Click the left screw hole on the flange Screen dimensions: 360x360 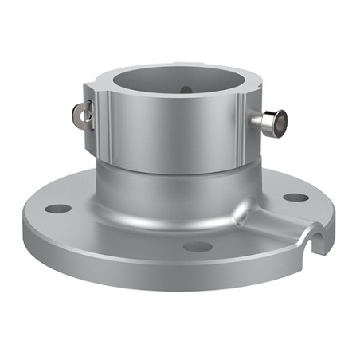click(x=57, y=209)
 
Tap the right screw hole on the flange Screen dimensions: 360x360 click(x=295, y=197)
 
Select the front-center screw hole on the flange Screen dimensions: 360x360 click(x=198, y=246)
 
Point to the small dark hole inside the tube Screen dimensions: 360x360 click(x=186, y=90)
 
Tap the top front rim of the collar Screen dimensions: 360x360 click(x=171, y=107)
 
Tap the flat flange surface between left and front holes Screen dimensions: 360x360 click(x=119, y=235)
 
